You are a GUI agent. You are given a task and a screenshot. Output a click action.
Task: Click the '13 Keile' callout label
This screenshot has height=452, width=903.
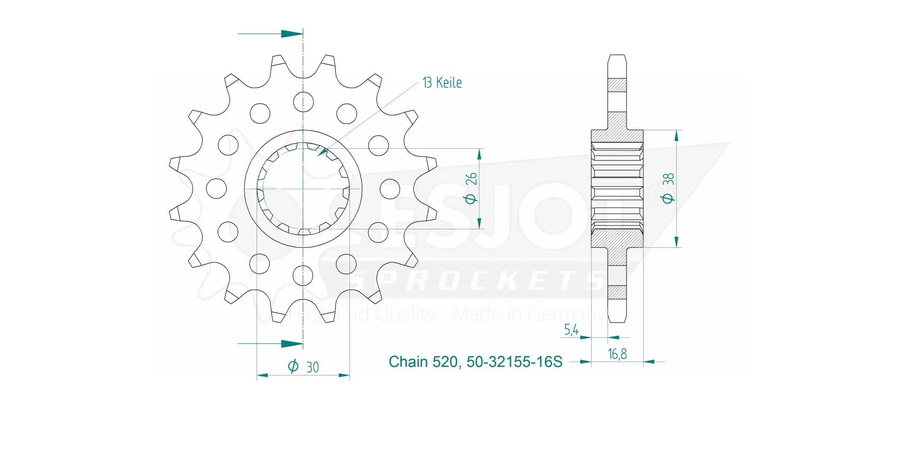442,82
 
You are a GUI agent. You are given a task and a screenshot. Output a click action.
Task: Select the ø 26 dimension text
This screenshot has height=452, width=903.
471,188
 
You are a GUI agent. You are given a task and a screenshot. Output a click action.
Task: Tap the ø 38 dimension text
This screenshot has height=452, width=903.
668,188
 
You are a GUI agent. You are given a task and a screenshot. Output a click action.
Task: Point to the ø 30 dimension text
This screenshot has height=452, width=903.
303,367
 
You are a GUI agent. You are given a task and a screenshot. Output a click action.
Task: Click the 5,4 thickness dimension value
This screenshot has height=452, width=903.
571,330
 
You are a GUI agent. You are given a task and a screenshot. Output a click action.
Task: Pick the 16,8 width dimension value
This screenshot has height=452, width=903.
617,354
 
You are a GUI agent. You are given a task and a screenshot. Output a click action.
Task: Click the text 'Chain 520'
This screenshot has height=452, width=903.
424,362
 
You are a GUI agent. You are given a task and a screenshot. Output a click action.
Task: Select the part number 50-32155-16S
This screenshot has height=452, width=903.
514,362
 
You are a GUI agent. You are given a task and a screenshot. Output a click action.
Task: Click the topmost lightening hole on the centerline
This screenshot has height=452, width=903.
303,102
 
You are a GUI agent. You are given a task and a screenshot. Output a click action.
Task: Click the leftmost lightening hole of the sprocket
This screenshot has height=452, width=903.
216,189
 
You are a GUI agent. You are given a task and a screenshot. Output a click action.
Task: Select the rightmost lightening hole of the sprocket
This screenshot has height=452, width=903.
390,189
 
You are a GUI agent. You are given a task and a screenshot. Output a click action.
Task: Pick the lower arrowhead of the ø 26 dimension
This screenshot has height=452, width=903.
480,224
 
